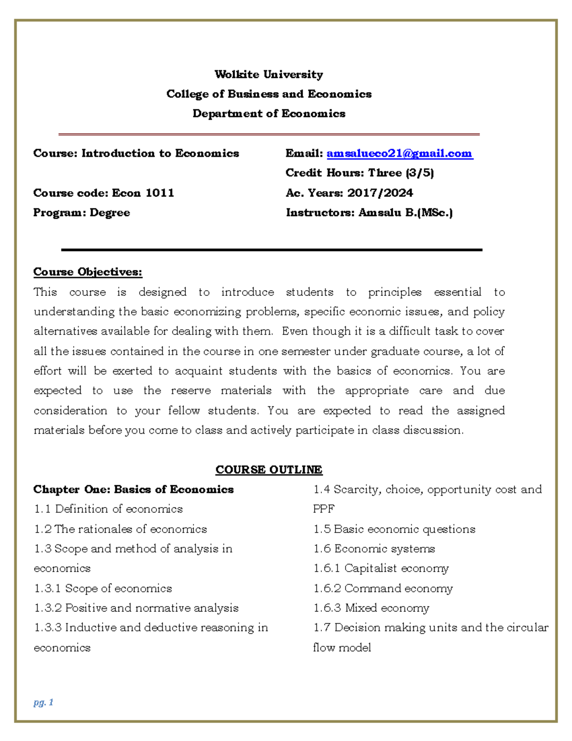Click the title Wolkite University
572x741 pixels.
pos(269,74)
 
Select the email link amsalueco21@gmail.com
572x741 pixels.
pos(399,153)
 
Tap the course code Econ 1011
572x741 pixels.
pos(143,193)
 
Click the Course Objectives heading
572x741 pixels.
pos(88,272)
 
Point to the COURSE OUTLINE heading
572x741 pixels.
pos(269,470)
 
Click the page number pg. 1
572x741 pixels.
pos(43,702)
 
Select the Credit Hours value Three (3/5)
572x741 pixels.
pos(401,173)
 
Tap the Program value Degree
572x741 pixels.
pos(110,213)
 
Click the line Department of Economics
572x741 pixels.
pos(269,114)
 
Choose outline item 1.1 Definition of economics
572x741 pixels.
pos(108,509)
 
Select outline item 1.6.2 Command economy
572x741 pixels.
pos(383,588)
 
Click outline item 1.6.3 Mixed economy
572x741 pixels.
pos(371,608)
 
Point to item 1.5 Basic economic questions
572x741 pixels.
pos(394,529)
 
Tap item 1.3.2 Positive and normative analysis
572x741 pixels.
pos(136,608)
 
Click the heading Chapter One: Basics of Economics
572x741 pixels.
pos(133,490)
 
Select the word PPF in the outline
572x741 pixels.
pos(324,509)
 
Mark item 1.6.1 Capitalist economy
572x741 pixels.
pos(381,568)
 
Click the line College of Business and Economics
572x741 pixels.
pos(269,94)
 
